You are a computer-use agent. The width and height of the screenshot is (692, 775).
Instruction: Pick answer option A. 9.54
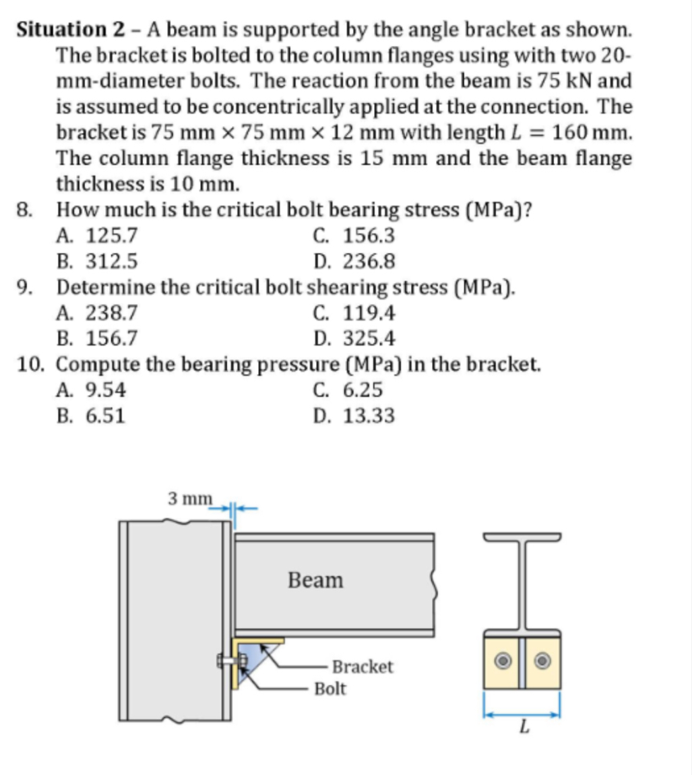[92, 390]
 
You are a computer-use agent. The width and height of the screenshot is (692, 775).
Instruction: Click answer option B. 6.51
[92, 416]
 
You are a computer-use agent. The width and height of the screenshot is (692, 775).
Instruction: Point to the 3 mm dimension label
[189, 499]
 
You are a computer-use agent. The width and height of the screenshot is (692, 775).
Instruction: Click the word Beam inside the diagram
[315, 580]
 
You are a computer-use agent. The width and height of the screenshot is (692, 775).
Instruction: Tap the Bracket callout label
[362, 667]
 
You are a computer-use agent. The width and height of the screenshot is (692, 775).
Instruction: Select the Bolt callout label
[331, 689]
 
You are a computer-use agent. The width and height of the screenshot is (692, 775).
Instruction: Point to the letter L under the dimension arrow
[522, 728]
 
